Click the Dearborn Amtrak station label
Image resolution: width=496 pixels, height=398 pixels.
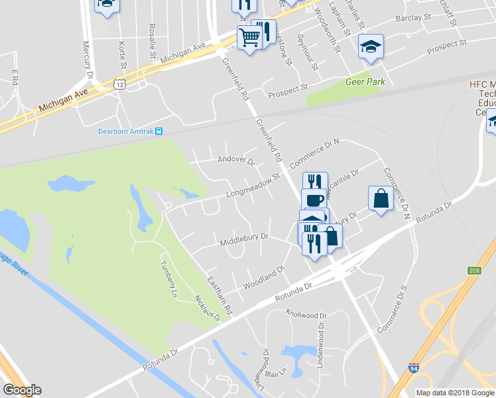point(125,131)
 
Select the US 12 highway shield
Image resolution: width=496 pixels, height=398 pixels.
point(119,84)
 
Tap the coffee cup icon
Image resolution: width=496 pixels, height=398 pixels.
point(314,199)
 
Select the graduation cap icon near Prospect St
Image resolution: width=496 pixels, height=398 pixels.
point(370,46)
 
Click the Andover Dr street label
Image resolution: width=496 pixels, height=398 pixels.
point(236,160)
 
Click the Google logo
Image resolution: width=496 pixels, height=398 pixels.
point(22,390)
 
